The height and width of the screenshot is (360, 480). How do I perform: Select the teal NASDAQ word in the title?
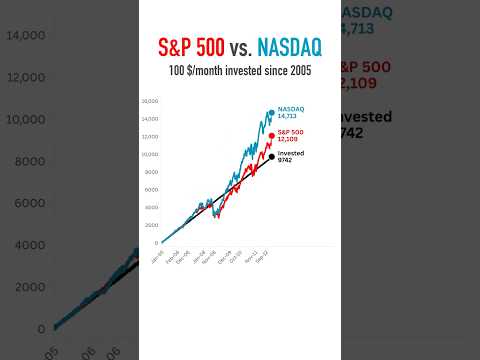(x=288, y=47)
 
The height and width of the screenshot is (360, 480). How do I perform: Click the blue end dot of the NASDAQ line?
(x=270, y=112)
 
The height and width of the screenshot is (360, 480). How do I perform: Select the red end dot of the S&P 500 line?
(x=270, y=135)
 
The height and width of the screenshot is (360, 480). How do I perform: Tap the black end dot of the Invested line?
(x=270, y=156)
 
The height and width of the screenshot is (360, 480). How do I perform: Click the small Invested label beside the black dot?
(x=290, y=152)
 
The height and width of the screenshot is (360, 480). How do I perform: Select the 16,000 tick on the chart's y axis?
(x=151, y=102)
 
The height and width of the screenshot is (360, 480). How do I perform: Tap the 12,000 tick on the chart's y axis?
(x=151, y=137)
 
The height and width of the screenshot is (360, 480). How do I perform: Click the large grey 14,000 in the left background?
(x=26, y=35)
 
